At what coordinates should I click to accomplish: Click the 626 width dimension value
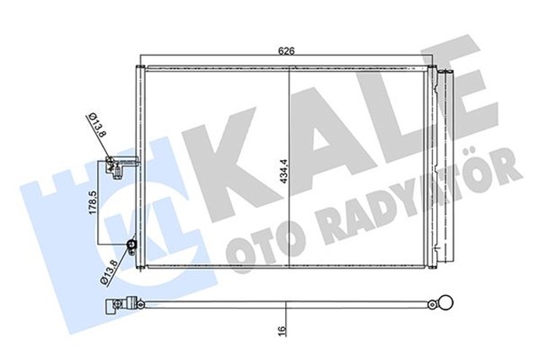click(x=288, y=51)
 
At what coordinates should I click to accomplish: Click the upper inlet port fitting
click(x=117, y=166)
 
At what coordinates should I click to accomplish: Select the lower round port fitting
click(x=132, y=246)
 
